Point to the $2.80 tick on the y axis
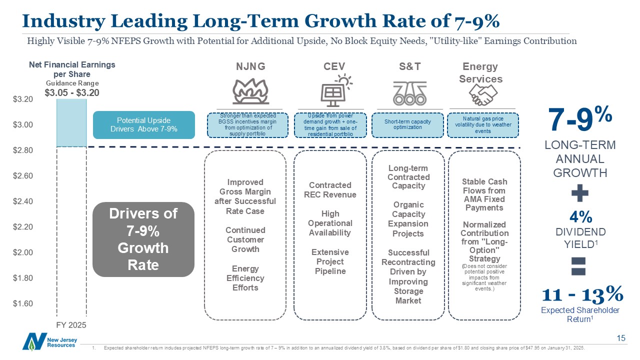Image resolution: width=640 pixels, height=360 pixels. coord(23,150)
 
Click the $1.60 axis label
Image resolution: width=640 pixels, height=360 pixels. coord(23,303)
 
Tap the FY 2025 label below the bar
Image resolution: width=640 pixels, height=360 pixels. coord(70,324)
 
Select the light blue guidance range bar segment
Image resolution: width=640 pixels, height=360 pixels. coord(71,122)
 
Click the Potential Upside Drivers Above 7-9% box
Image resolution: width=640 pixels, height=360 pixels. coord(143,124)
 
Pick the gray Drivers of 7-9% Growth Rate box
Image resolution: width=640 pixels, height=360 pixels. coord(143,239)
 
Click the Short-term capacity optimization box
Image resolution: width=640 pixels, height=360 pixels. coord(407,124)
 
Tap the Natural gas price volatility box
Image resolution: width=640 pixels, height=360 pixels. coord(483,124)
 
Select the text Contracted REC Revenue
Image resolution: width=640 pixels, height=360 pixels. coord(330,190)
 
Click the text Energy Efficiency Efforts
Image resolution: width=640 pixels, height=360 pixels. coord(245,278)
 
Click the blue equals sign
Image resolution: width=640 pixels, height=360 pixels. coord(579,265)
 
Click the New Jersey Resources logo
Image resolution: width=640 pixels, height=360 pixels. coord(42,341)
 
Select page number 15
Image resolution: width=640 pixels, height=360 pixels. coord(621,338)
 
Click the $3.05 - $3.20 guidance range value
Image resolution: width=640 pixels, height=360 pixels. coord(72,92)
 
